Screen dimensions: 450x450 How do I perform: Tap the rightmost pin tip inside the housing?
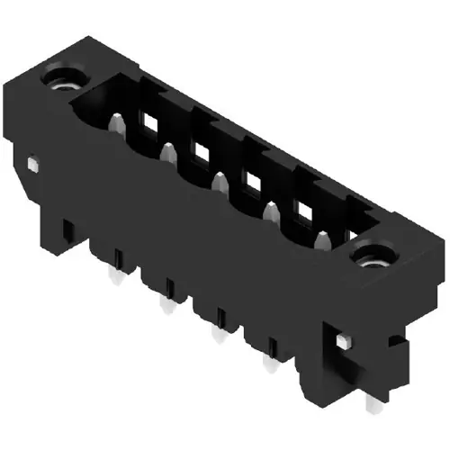click(320, 238)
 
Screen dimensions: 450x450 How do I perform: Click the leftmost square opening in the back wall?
click(145, 120)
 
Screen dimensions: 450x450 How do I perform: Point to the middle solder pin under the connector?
click(216, 335)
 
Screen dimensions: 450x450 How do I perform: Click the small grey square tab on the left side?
click(33, 165)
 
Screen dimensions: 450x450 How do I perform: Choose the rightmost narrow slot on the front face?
click(273, 346)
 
